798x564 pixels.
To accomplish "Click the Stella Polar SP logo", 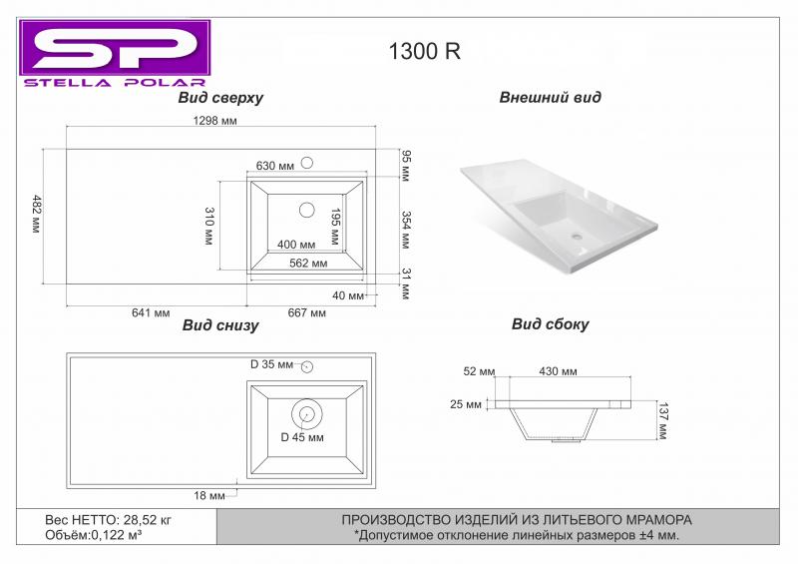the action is (115, 54).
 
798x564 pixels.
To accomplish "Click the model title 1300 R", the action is (425, 51).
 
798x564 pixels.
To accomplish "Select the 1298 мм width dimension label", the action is (214, 121).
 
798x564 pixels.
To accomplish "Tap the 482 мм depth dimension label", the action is (36, 214).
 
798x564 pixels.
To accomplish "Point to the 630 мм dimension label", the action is (275, 166).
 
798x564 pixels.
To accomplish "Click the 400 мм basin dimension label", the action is (296, 245).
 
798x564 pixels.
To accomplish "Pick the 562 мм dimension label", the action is (308, 264).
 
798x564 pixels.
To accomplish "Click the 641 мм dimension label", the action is (151, 312).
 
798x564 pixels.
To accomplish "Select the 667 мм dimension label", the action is (307, 312).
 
